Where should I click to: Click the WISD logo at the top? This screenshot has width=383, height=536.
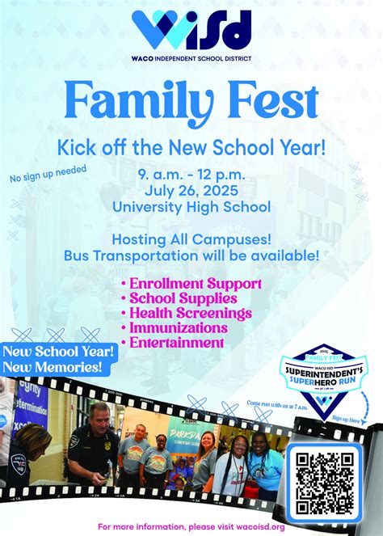click(191, 30)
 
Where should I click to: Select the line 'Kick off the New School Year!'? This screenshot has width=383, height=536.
click(191, 147)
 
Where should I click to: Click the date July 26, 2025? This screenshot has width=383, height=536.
click(191, 192)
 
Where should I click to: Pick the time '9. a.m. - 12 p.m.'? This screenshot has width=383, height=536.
click(191, 175)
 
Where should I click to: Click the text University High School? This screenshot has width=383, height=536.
click(191, 207)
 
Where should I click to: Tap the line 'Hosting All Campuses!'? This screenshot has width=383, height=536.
click(191, 239)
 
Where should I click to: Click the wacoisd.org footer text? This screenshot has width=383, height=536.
click(191, 526)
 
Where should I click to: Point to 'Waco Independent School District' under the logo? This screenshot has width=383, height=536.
click(191, 58)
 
